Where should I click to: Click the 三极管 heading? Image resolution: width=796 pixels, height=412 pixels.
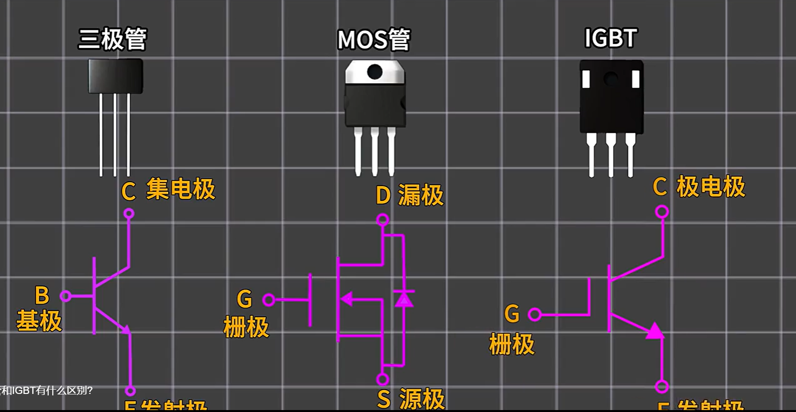click(x=113, y=39)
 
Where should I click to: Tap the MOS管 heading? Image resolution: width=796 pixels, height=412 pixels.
click(x=374, y=40)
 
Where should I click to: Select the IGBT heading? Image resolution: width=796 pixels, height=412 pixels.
click(x=611, y=38)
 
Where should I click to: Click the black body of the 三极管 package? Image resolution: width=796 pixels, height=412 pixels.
click(x=115, y=76)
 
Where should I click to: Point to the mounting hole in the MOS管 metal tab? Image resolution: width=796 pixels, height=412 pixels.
click(x=375, y=72)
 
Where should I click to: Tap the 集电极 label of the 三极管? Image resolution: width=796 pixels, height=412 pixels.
click(x=180, y=189)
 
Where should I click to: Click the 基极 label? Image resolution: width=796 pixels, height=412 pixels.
click(x=39, y=321)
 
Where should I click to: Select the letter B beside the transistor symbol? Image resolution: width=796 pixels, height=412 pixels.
click(x=42, y=295)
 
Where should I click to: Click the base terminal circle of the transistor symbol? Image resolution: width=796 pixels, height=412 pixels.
click(x=65, y=296)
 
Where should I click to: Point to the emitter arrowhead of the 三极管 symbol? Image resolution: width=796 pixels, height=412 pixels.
click(x=126, y=330)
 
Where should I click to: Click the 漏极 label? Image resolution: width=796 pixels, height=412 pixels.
click(x=421, y=195)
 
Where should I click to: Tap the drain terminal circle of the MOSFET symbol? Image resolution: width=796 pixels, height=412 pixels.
click(x=383, y=219)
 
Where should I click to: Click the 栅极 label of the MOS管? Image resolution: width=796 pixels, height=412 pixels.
click(x=246, y=327)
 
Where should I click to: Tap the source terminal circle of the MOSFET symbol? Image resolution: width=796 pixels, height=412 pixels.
click(x=383, y=379)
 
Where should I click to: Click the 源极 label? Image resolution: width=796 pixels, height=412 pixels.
click(x=422, y=399)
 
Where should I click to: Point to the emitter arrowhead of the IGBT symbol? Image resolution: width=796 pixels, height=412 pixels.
click(x=655, y=331)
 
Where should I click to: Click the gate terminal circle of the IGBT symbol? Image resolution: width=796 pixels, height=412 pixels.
click(x=535, y=314)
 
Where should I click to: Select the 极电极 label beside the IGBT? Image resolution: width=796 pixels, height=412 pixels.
click(x=711, y=186)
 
